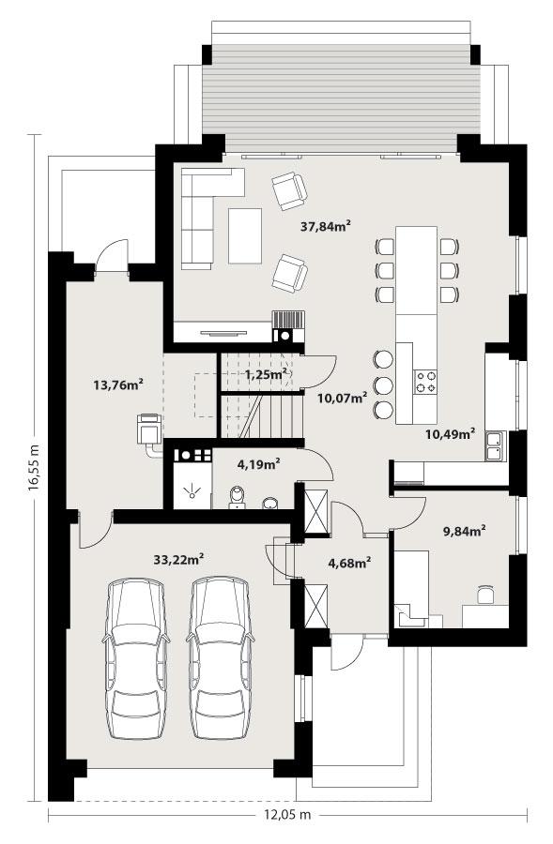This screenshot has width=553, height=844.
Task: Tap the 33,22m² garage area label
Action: tap(178, 559)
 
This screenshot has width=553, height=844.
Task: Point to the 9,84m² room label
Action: tap(463, 531)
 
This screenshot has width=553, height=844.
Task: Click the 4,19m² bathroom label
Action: tap(258, 461)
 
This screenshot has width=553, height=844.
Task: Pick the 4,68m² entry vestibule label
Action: tap(348, 563)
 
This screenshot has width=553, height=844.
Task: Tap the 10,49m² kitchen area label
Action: tap(450, 433)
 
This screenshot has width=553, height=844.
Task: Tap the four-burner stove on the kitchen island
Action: tap(426, 380)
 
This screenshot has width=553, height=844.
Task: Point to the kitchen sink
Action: tap(495, 447)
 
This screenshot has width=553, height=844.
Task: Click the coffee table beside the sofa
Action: tap(246, 234)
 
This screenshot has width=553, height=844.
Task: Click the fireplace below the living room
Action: tap(288, 326)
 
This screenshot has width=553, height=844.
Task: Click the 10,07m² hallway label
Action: tap(342, 398)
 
